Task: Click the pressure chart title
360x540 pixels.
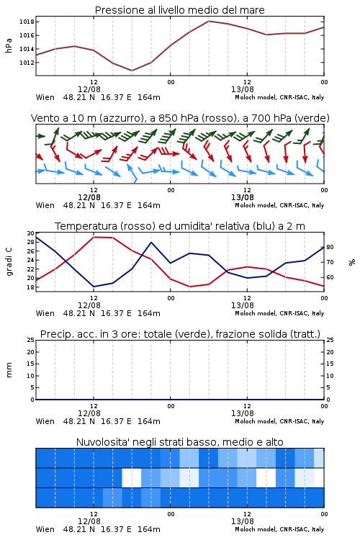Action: [x=179, y=10]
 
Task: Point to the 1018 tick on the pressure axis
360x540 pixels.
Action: [x=27, y=22]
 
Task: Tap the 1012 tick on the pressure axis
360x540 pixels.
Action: [x=27, y=63]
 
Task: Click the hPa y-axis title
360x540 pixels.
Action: [x=9, y=45]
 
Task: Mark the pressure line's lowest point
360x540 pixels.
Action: [x=132, y=71]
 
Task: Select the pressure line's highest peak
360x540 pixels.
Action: [x=209, y=21]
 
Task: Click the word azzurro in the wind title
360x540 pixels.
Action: [x=120, y=118]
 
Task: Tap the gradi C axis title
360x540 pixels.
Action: [x=9, y=262]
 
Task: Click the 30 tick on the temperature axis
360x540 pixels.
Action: [x=31, y=233]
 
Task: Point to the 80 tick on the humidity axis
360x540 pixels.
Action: [x=330, y=247]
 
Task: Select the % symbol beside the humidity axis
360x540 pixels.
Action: [x=352, y=262]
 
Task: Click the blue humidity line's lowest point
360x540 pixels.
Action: [x=94, y=287]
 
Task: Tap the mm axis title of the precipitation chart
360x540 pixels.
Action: [x=9, y=370]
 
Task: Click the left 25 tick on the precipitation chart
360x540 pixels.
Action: [x=31, y=340]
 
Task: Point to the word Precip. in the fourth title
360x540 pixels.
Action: [x=54, y=334]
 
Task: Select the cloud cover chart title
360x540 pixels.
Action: [x=179, y=442]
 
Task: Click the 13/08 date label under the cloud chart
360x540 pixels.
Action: [x=243, y=521]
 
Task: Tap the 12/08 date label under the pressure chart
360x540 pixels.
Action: [x=89, y=89]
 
